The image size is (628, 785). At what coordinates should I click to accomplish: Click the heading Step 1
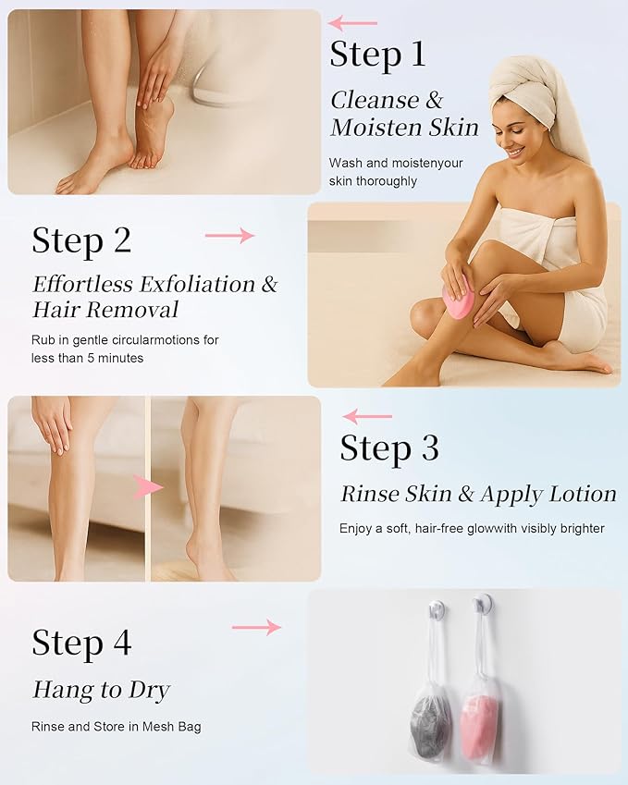click(377, 55)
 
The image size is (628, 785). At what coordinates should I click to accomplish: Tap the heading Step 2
click(81, 240)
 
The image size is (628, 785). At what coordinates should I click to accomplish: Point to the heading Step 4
click(81, 643)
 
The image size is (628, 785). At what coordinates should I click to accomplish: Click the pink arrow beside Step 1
click(353, 22)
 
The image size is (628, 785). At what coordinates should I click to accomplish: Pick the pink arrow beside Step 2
click(228, 236)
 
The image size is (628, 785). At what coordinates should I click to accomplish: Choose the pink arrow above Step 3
click(367, 417)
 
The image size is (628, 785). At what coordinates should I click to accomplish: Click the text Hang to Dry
click(102, 690)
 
